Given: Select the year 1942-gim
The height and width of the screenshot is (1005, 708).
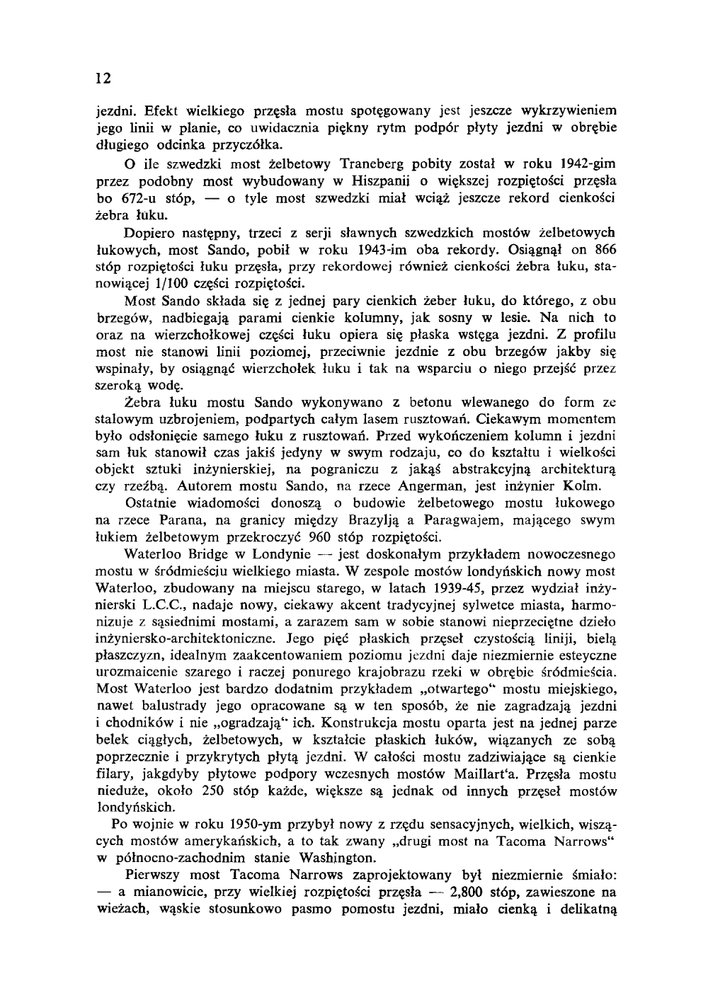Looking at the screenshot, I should tap(583, 164).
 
